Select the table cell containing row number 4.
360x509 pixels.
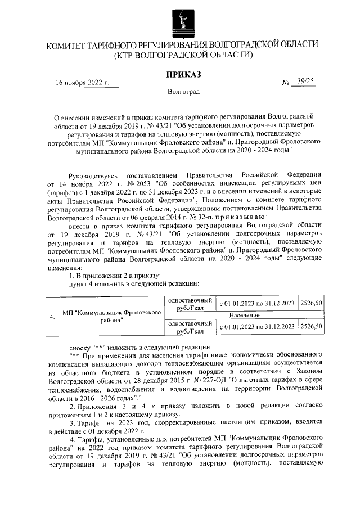(x=52, y=316)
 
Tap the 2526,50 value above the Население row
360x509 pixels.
(x=311, y=304)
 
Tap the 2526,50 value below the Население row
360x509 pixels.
(x=311, y=326)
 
